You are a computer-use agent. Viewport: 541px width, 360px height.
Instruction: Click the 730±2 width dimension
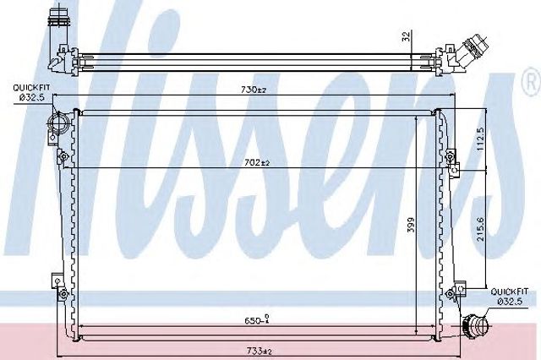tap(254, 90)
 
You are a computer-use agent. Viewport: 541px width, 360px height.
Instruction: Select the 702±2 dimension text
tap(257, 162)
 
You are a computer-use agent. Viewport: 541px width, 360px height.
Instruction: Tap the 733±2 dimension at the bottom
tap(260, 351)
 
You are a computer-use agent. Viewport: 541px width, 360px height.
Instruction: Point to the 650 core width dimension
tap(257, 320)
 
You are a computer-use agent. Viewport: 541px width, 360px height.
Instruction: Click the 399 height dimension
tap(411, 225)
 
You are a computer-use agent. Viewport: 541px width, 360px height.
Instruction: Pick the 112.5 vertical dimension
tap(481, 139)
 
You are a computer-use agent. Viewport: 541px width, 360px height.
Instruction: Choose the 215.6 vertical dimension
tap(481, 229)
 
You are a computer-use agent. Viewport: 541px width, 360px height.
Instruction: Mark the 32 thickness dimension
tap(407, 35)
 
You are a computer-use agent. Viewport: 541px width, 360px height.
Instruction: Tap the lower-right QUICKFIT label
tap(509, 292)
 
